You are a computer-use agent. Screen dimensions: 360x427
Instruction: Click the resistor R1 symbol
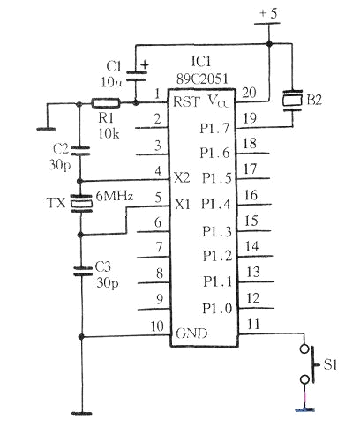106,102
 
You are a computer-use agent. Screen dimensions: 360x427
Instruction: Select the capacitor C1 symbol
136,76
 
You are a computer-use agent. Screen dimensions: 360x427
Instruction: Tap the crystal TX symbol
81,203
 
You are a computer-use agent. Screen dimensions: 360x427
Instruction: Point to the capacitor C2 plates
79,151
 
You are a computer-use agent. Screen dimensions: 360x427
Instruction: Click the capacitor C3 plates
83,271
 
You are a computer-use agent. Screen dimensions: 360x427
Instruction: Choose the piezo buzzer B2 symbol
292,101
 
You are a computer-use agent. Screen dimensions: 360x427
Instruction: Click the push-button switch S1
310,364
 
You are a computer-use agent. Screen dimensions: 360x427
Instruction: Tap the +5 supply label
268,14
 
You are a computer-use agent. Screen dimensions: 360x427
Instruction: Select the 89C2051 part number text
202,79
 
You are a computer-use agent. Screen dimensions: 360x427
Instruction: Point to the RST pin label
187,101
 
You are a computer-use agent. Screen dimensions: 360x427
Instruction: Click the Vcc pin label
219,101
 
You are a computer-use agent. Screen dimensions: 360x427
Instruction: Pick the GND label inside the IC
191,333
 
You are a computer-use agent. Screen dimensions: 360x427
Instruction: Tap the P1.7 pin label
214,128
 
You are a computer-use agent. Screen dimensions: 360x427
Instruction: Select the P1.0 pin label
217,309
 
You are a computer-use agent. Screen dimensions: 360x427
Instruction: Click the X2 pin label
182,178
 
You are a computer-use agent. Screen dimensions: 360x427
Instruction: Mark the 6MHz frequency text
115,196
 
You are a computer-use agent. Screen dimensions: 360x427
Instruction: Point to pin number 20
249,93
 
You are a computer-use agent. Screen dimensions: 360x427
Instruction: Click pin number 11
253,325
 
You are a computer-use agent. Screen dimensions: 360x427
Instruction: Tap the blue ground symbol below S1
305,409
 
